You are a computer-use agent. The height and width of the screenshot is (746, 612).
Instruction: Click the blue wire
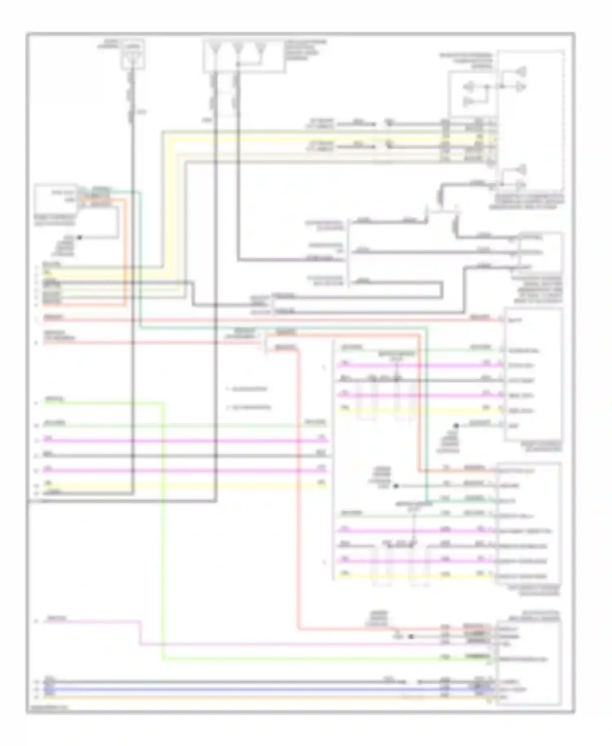click(245, 689)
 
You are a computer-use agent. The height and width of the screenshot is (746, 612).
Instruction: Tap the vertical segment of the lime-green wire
click(163, 531)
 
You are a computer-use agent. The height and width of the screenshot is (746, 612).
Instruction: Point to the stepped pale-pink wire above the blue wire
click(286, 645)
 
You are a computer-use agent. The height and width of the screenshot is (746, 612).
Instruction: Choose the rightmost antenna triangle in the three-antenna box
click(260, 51)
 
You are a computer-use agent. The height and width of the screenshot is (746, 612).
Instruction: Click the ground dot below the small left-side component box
click(80, 237)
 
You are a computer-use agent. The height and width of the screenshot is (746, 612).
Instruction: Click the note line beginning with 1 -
click(247, 389)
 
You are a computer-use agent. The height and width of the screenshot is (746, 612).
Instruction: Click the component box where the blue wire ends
click(529, 663)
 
